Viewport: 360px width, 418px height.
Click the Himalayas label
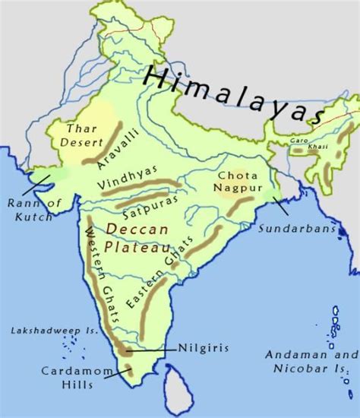click(236, 94)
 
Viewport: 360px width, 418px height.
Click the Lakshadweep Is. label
click(43, 331)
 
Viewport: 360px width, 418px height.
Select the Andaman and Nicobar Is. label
click(312, 362)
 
